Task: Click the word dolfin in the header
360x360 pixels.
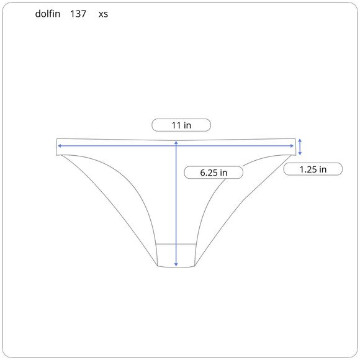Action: [x=48, y=14]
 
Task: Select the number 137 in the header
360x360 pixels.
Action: [x=78, y=14]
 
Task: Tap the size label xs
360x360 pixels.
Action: [x=103, y=14]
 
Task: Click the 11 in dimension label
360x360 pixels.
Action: [x=181, y=125]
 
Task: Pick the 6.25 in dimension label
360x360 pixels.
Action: [x=214, y=173]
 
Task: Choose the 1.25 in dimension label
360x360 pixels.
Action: [x=313, y=169]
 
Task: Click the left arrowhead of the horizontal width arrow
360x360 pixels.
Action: [x=59, y=146]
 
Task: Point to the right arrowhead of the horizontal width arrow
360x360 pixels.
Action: [x=292, y=146]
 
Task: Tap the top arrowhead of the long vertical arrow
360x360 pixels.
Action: [x=176, y=142]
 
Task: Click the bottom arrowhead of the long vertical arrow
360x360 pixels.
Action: [x=176, y=264]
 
